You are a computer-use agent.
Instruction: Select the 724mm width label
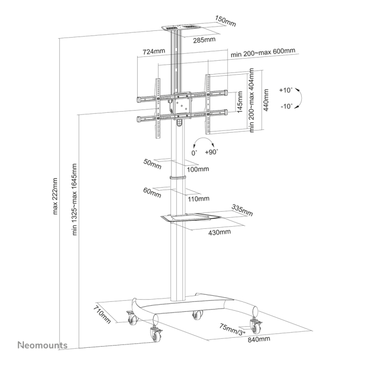tap(154, 51)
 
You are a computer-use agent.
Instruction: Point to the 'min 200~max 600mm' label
tap(263, 51)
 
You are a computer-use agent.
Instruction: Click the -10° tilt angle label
tap(287, 106)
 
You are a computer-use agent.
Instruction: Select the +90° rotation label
tap(211, 152)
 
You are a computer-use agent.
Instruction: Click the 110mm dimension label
tap(199, 198)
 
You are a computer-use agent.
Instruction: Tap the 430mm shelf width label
tap(221, 232)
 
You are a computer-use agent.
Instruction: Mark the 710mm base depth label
tap(102, 313)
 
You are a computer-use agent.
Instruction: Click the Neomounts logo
tap(43, 346)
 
